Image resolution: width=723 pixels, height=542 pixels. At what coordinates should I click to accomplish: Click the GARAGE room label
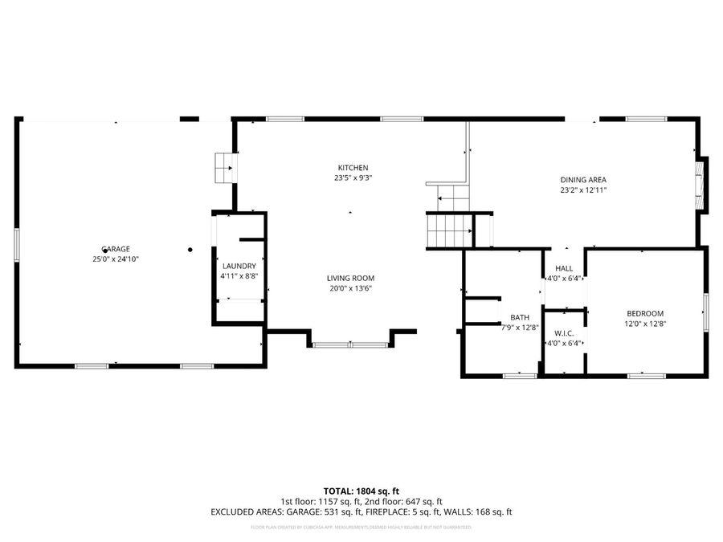click(116, 249)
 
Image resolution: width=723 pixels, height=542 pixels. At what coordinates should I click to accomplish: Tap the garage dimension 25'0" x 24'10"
click(116, 259)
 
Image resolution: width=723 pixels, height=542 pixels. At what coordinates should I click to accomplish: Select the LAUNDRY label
click(239, 266)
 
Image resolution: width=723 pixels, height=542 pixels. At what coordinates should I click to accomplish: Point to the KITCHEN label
click(353, 168)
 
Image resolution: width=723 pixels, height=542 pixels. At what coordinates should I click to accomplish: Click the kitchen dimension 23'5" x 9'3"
click(353, 178)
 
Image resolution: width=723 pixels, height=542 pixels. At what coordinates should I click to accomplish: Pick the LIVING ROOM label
click(351, 278)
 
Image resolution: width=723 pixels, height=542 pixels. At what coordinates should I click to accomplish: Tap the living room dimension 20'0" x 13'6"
click(351, 289)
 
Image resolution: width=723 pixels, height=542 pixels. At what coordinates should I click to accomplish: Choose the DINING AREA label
click(583, 180)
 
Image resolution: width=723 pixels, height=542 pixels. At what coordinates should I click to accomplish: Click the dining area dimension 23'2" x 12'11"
click(583, 190)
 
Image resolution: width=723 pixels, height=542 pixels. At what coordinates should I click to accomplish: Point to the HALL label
click(564, 268)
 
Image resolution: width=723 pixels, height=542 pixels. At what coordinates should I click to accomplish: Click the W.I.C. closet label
click(564, 332)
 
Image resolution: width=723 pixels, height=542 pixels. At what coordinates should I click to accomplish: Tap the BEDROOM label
click(646, 313)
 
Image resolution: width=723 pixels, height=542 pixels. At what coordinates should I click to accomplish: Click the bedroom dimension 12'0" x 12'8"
click(646, 324)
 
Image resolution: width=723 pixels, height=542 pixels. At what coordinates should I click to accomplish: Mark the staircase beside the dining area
click(451, 230)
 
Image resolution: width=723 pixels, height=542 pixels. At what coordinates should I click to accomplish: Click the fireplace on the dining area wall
click(702, 184)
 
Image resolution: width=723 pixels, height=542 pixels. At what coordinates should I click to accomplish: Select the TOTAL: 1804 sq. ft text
click(361, 491)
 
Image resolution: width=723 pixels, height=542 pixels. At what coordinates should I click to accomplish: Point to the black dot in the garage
click(190, 250)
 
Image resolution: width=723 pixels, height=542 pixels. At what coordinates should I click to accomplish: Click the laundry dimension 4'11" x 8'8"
click(239, 276)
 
